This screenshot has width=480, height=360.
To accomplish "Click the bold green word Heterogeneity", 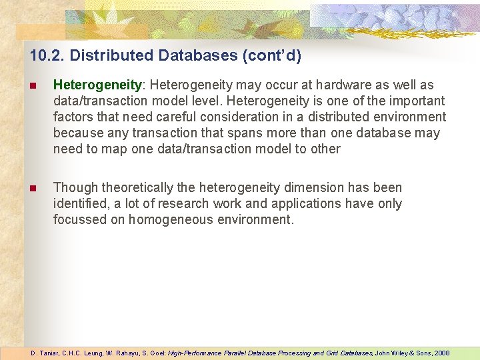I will [x=97, y=85].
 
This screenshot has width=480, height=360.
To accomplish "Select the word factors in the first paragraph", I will [x=74, y=117].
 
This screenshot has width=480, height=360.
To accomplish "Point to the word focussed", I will [x=80, y=220].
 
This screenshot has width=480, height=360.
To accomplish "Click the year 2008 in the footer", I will [x=441, y=353].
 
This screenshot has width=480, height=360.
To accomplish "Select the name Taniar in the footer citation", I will [x=49, y=353].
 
